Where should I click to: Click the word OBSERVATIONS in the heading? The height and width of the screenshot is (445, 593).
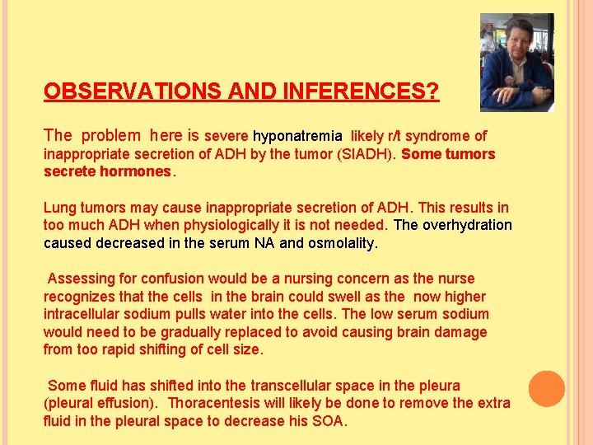coord(116,91)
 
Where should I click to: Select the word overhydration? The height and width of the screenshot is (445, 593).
coord(468,225)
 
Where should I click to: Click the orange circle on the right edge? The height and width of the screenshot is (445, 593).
coord(546,389)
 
